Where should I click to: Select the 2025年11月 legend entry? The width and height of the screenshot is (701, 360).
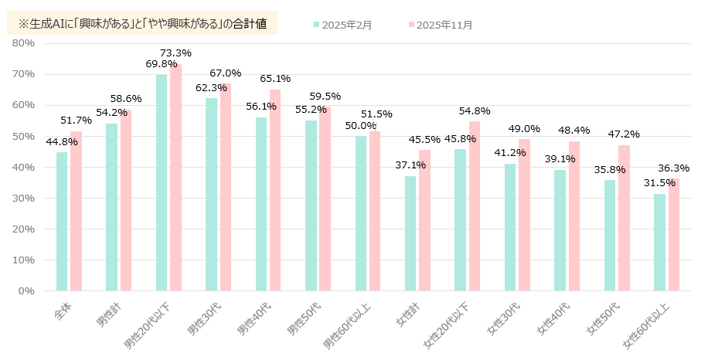click(439, 25)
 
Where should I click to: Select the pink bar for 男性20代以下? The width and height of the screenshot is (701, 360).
click(175, 177)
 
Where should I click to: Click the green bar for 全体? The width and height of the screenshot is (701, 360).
click(62, 222)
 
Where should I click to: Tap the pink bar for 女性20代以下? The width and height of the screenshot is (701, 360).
click(475, 205)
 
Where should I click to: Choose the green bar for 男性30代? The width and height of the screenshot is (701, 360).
click(211, 194)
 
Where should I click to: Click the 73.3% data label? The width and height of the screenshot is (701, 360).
click(175, 53)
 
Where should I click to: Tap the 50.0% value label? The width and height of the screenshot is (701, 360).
click(361, 126)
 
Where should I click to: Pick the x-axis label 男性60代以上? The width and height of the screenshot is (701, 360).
click(349, 323)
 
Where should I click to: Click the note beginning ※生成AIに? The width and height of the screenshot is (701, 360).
click(142, 24)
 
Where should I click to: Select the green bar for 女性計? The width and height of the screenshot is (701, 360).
click(410, 233)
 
